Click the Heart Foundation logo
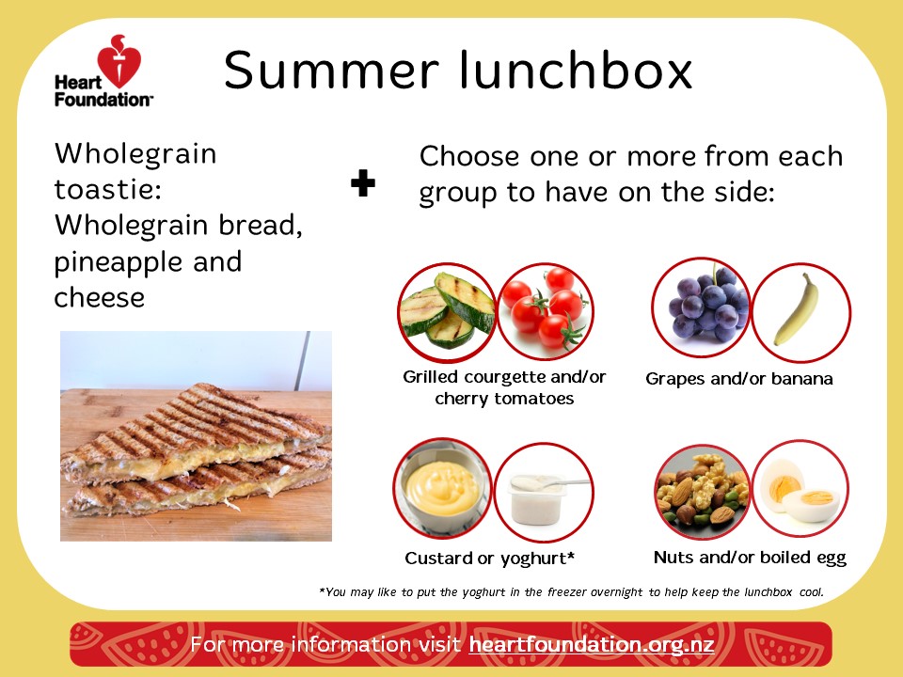coord(103,71)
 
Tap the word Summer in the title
coord(331,71)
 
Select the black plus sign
coord(363,183)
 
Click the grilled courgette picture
coord(447,312)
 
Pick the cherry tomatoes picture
coord(545,312)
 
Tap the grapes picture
coord(702,307)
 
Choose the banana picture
coord(801,312)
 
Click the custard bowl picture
coord(443,488)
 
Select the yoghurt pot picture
coord(543,492)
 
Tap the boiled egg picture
coord(800,489)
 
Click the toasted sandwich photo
coord(196,435)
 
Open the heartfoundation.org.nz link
coord(592,644)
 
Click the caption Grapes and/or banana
coord(739,379)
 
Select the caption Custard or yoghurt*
coord(489,558)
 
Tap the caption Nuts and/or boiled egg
coord(750,558)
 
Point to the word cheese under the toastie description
coord(99,298)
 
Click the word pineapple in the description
coord(119,263)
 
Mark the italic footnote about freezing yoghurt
coord(571,591)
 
